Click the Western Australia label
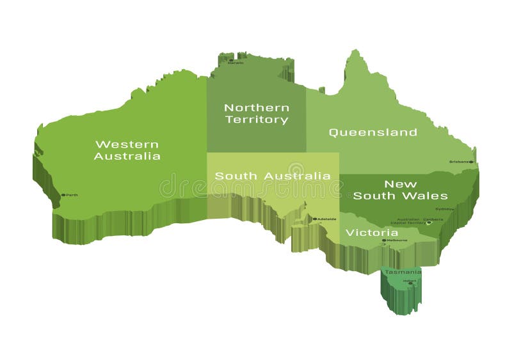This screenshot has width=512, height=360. [x=127, y=150]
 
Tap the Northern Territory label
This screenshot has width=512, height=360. [x=256, y=114]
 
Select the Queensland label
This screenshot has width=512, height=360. [x=372, y=132]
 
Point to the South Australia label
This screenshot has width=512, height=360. [x=273, y=175]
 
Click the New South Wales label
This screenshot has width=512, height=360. [x=400, y=190]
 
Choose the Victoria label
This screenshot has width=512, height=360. [x=371, y=233]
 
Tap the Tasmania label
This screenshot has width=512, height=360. [x=403, y=272]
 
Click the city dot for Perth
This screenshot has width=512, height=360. [x=63, y=195]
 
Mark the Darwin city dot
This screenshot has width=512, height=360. [x=231, y=61]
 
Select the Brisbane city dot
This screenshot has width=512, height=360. [x=471, y=162]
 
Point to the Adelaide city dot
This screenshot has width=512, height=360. [x=314, y=219]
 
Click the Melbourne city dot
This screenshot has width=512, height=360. [x=384, y=240]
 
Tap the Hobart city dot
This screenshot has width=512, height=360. [x=410, y=283]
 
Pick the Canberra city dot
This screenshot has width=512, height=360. [x=429, y=223]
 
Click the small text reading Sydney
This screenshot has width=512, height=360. [x=444, y=208]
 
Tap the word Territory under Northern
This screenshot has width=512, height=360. [x=256, y=120]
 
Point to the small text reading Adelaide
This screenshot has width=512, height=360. [x=327, y=219]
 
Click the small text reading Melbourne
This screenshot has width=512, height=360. [x=397, y=240]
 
